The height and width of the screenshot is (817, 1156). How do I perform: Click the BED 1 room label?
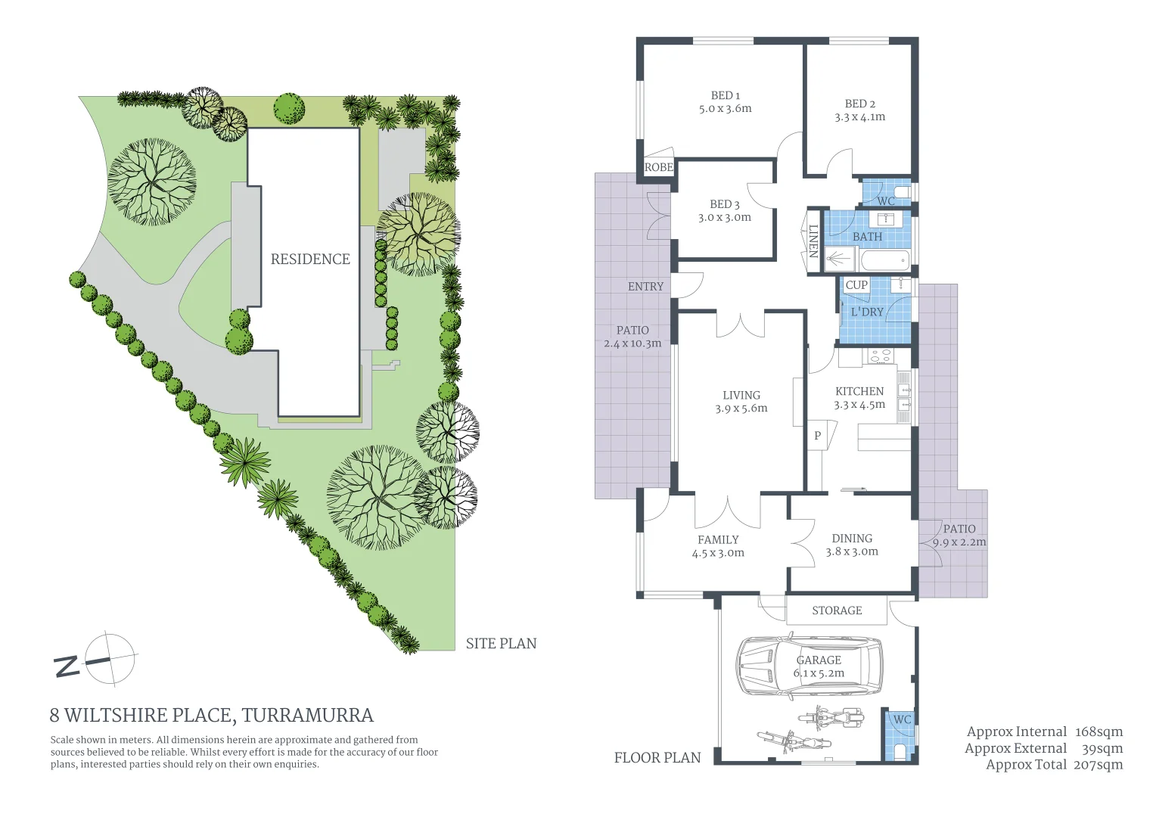tap(725, 95)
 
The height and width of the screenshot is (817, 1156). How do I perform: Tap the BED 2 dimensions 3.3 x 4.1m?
tap(859, 117)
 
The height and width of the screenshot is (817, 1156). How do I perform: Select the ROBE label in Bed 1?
tap(658, 167)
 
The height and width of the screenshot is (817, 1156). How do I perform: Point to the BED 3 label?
tap(724, 204)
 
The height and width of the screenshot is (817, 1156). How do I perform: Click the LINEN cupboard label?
tap(813, 241)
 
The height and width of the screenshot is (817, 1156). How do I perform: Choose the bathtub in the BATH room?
tap(884, 262)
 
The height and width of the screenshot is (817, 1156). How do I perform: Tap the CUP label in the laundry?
tap(856, 285)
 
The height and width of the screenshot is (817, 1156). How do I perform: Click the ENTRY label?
tap(645, 287)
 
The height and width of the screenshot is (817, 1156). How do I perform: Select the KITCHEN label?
tap(859, 391)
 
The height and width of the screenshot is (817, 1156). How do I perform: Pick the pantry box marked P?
tap(817, 436)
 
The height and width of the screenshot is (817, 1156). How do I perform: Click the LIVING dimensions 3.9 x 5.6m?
tap(741, 408)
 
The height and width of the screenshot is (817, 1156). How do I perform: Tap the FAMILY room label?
tap(718, 539)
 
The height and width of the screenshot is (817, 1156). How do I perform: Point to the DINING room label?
tap(852, 539)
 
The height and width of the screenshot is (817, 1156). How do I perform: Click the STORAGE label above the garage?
tap(836, 610)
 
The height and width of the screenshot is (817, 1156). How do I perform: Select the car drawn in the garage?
tap(810, 666)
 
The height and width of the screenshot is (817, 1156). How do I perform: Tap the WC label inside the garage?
tap(901, 719)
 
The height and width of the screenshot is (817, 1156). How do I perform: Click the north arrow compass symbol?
tap(110, 659)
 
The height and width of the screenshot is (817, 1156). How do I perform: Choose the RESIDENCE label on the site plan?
tap(310, 259)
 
